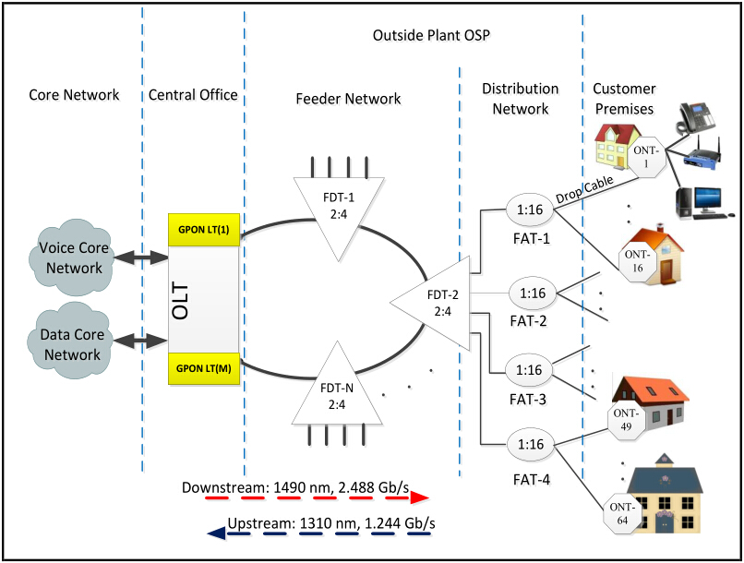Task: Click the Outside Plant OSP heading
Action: pos(430,36)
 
